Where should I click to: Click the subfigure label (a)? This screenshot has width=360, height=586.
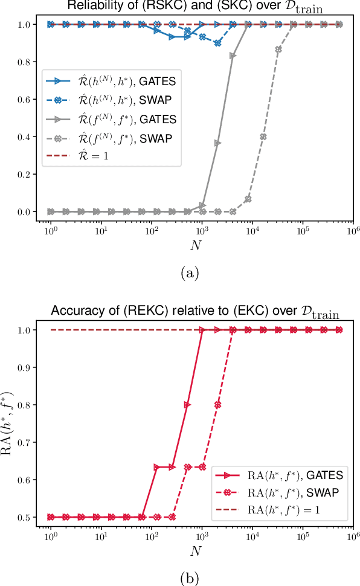[x=191, y=273]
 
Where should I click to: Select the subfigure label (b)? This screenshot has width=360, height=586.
[x=191, y=578]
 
